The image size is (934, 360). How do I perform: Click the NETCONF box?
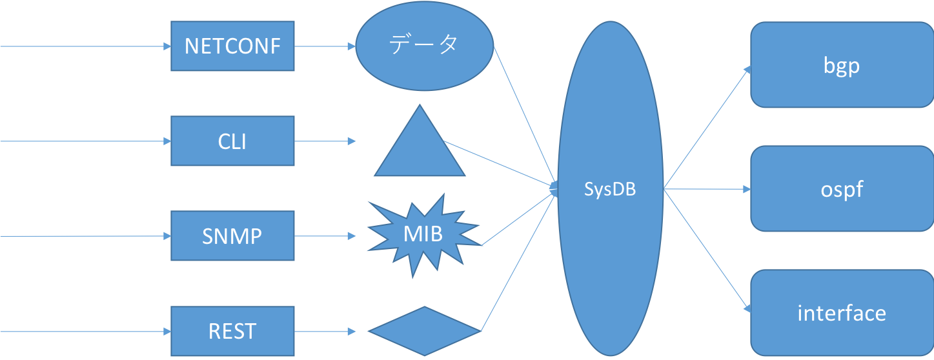click(232, 46)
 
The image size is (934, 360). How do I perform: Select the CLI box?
click(232, 141)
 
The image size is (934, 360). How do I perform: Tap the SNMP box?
click(232, 236)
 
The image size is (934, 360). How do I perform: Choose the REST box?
click(232, 332)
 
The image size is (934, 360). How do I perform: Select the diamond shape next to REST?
click(424, 331)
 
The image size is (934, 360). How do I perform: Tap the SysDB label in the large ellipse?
click(610, 190)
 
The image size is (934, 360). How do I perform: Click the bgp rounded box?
click(842, 65)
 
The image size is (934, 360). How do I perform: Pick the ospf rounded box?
click(842, 190)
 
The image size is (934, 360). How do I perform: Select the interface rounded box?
click(842, 314)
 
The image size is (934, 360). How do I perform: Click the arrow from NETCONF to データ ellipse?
click(325, 46)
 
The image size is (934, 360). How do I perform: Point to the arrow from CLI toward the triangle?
click(325, 141)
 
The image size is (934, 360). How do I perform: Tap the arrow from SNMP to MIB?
click(325, 236)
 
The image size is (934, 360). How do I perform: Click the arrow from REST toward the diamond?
click(325, 332)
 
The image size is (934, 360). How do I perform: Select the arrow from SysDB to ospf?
click(707, 190)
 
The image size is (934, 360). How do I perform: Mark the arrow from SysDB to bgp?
click(707, 128)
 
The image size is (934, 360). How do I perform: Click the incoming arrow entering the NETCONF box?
click(84, 46)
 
